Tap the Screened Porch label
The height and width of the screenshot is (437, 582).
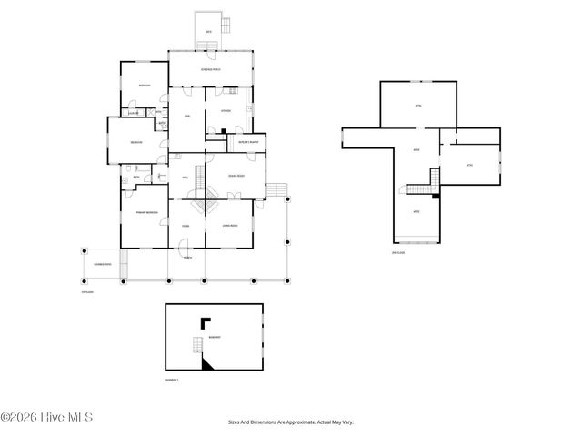click(x=210, y=69)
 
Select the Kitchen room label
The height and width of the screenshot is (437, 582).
click(x=225, y=111)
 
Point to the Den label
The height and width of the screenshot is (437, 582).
click(x=186, y=117)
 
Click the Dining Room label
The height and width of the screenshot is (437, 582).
click(x=235, y=175)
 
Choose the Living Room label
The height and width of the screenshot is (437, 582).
click(x=228, y=226)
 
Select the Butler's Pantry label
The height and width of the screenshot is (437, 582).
click(x=247, y=142)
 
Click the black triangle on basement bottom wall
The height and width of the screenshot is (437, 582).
click(x=207, y=363)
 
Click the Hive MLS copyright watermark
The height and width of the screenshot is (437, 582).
click(x=47, y=418)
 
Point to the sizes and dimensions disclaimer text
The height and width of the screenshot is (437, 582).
click(x=290, y=422)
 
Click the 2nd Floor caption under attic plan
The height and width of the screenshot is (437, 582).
click(x=396, y=252)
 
